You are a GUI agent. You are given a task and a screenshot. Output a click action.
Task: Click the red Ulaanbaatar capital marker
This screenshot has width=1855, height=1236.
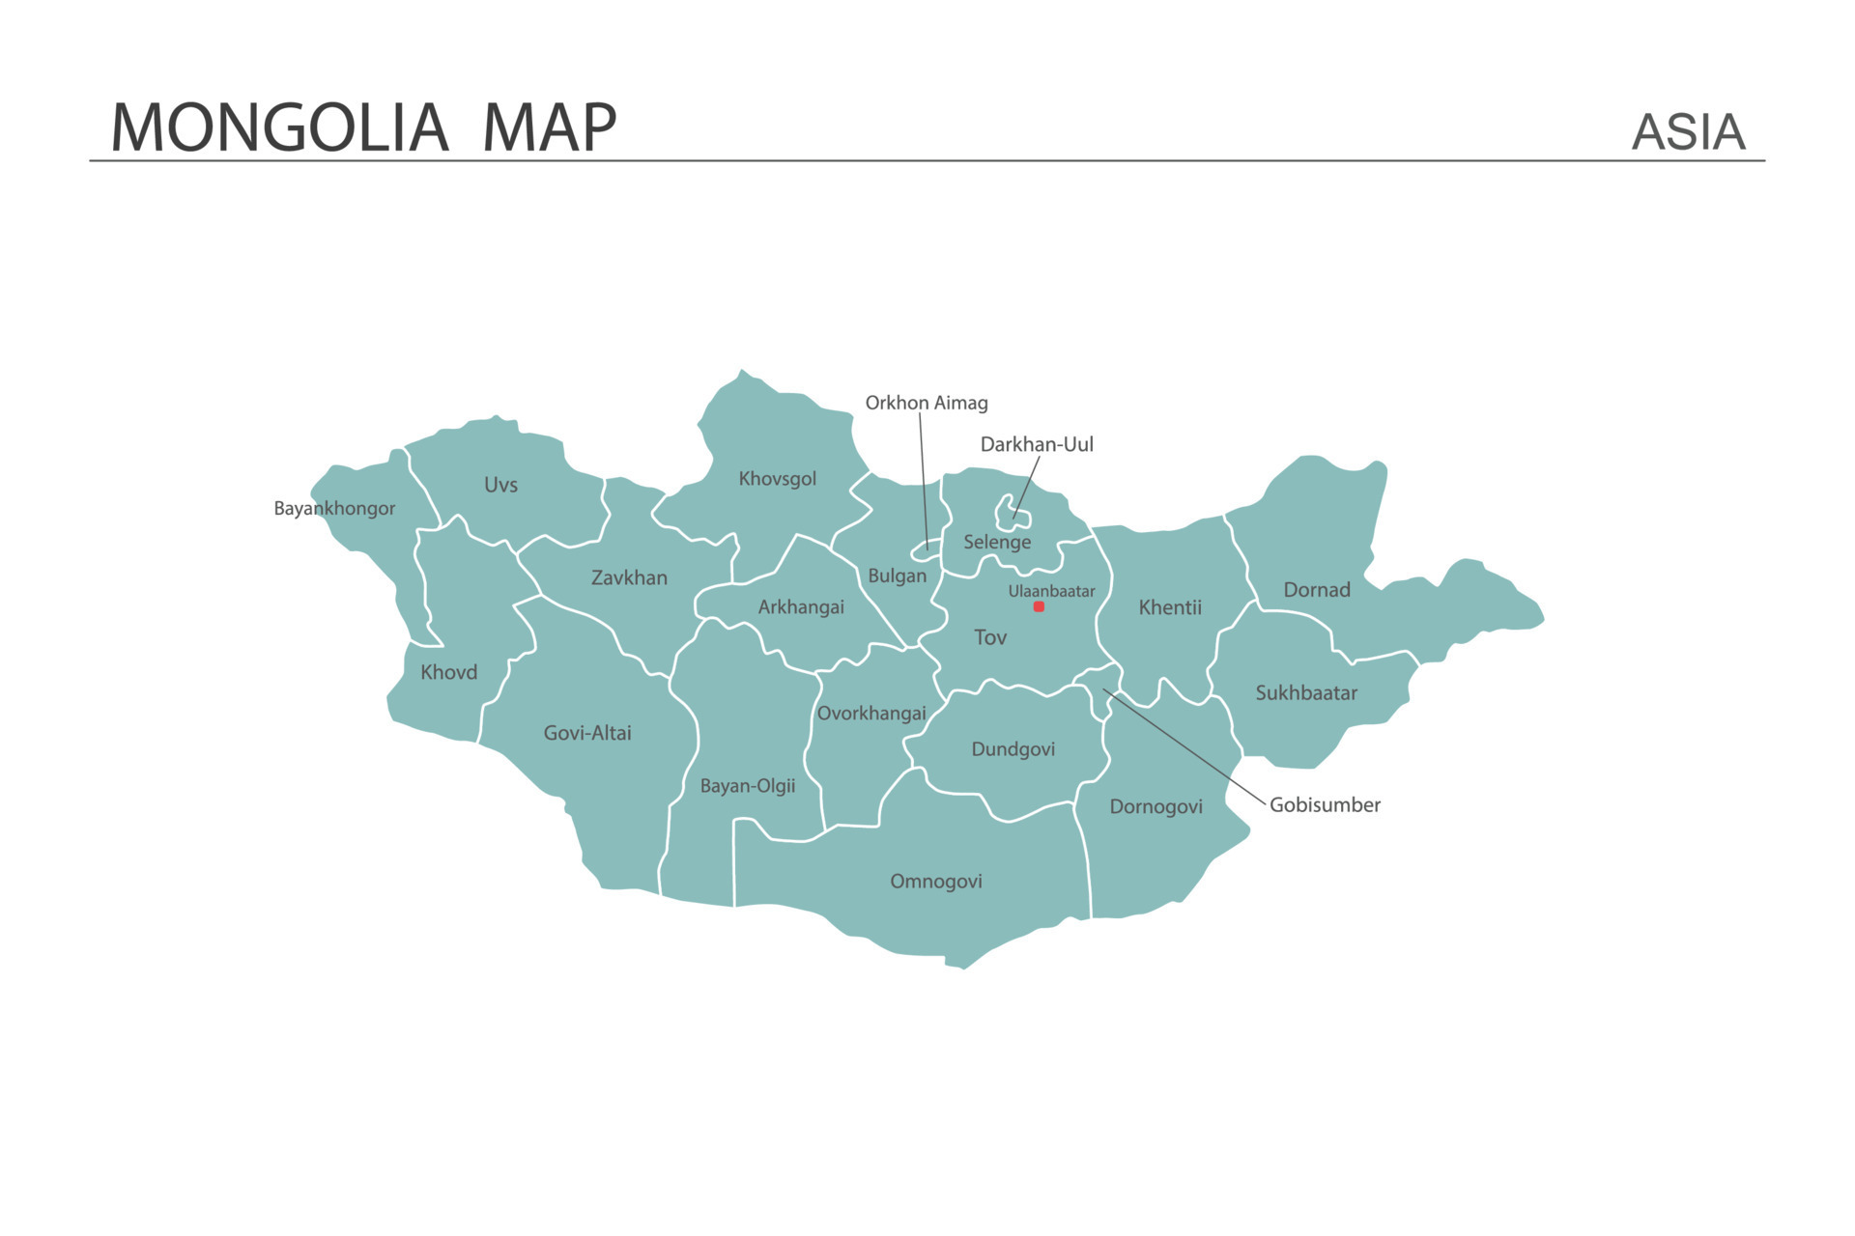click(1039, 606)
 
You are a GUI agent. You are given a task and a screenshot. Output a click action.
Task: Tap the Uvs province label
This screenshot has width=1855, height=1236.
click(500, 485)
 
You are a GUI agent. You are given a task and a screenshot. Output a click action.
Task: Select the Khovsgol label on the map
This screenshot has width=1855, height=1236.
click(777, 479)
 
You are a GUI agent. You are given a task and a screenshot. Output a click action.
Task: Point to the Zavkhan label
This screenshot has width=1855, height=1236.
click(629, 577)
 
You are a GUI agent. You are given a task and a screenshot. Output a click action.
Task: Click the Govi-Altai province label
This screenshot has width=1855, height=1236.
click(587, 733)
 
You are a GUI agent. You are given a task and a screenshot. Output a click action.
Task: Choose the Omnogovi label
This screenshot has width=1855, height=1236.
click(935, 881)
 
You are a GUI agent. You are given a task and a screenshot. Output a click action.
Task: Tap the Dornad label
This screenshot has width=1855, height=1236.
click(1316, 590)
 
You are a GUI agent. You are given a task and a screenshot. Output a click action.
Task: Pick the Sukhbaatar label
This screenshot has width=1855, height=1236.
click(1305, 692)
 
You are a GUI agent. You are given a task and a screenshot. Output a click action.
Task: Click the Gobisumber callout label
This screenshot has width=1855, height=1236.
click(1325, 804)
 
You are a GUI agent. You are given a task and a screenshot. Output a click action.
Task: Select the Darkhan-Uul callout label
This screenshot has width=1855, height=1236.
click(1037, 444)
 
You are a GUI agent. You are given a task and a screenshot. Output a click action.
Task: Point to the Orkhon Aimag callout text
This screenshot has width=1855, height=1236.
click(926, 403)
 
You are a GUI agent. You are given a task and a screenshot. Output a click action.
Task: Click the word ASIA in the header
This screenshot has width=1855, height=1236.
click(1688, 132)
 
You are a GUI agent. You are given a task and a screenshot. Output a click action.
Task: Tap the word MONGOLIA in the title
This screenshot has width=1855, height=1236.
click(279, 127)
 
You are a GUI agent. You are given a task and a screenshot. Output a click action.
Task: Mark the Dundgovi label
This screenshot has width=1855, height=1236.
click(1013, 749)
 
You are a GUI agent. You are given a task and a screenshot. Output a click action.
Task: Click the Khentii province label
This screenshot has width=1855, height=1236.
click(1169, 607)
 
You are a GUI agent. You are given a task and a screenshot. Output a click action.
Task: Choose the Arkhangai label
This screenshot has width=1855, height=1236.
click(801, 606)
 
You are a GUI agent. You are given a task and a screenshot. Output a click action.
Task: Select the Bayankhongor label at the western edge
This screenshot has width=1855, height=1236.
click(334, 508)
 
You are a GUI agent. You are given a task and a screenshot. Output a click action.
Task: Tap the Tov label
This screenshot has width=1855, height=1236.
click(989, 637)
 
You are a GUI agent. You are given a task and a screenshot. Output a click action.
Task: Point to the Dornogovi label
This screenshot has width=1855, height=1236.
click(1156, 806)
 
